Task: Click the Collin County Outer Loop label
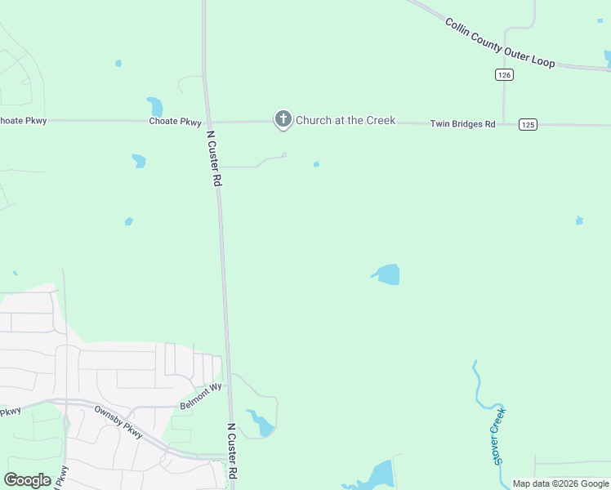pyautogui.click(x=500, y=43)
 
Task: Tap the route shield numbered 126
pyautogui.click(x=504, y=74)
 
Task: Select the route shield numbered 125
pyautogui.click(x=528, y=124)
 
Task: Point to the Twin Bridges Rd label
pyautogui.click(x=462, y=124)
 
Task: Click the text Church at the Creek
pyautogui.click(x=345, y=120)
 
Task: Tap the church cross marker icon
pyautogui.click(x=283, y=119)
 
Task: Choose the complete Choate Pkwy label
pyautogui.click(x=175, y=122)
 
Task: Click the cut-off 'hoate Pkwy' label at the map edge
pyautogui.click(x=24, y=121)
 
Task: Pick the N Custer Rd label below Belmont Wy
pyautogui.click(x=233, y=451)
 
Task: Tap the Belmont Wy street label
pyautogui.click(x=201, y=396)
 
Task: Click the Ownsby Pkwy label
pyautogui.click(x=118, y=421)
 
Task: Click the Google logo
pyautogui.click(x=28, y=480)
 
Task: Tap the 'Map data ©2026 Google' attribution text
pyautogui.click(x=560, y=483)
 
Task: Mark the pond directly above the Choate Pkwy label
pyautogui.click(x=155, y=107)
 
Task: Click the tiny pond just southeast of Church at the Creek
pyautogui.click(x=316, y=164)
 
